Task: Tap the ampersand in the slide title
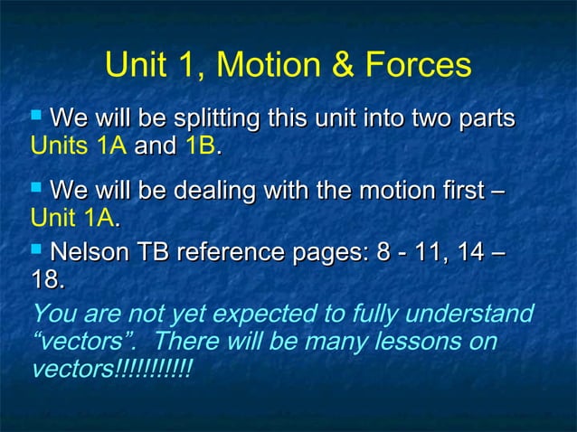tap(344, 65)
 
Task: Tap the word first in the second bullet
tap(452, 192)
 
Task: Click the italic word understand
tap(476, 315)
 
